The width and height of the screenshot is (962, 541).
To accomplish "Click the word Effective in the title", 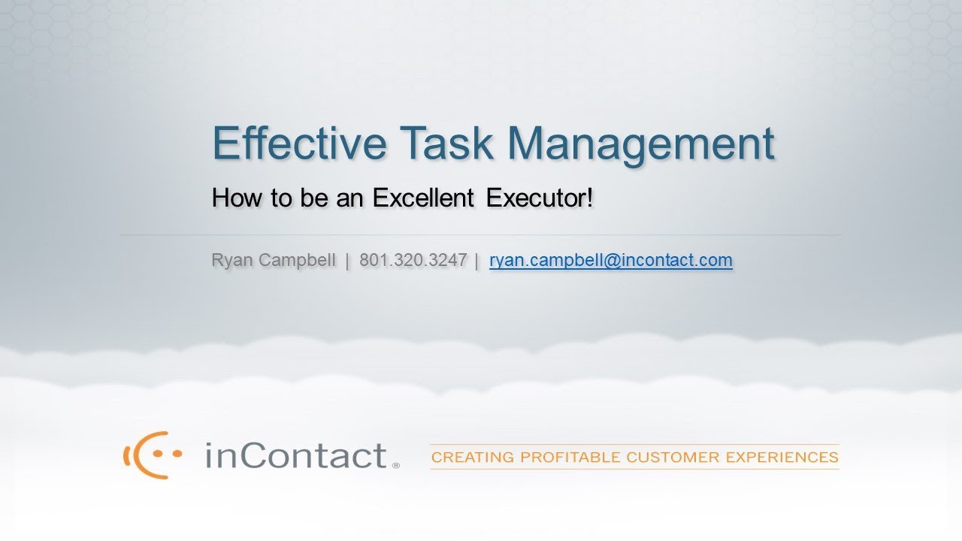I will pyautogui.click(x=298, y=143).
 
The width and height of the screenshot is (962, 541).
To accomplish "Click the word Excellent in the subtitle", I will pyautogui.click(x=422, y=198).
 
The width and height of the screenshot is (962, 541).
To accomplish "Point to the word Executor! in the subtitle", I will pyautogui.click(x=540, y=198).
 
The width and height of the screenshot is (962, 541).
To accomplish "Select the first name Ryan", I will pyautogui.click(x=233, y=261).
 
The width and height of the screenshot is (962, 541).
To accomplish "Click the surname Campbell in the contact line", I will pyautogui.click(x=298, y=261).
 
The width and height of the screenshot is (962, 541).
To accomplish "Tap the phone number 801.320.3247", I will pyautogui.click(x=413, y=261).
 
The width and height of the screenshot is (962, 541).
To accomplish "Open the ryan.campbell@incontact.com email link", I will pyautogui.click(x=610, y=261).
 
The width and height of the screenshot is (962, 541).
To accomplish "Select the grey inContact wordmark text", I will pyautogui.click(x=296, y=455).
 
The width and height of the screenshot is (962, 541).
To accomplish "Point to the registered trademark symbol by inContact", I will pyautogui.click(x=396, y=466).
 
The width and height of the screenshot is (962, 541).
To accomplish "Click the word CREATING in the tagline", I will pyautogui.click(x=473, y=457).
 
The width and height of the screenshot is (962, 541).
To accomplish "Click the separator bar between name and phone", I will pyautogui.click(x=347, y=261).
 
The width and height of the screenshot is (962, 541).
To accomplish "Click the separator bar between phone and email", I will pyautogui.click(x=477, y=261).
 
